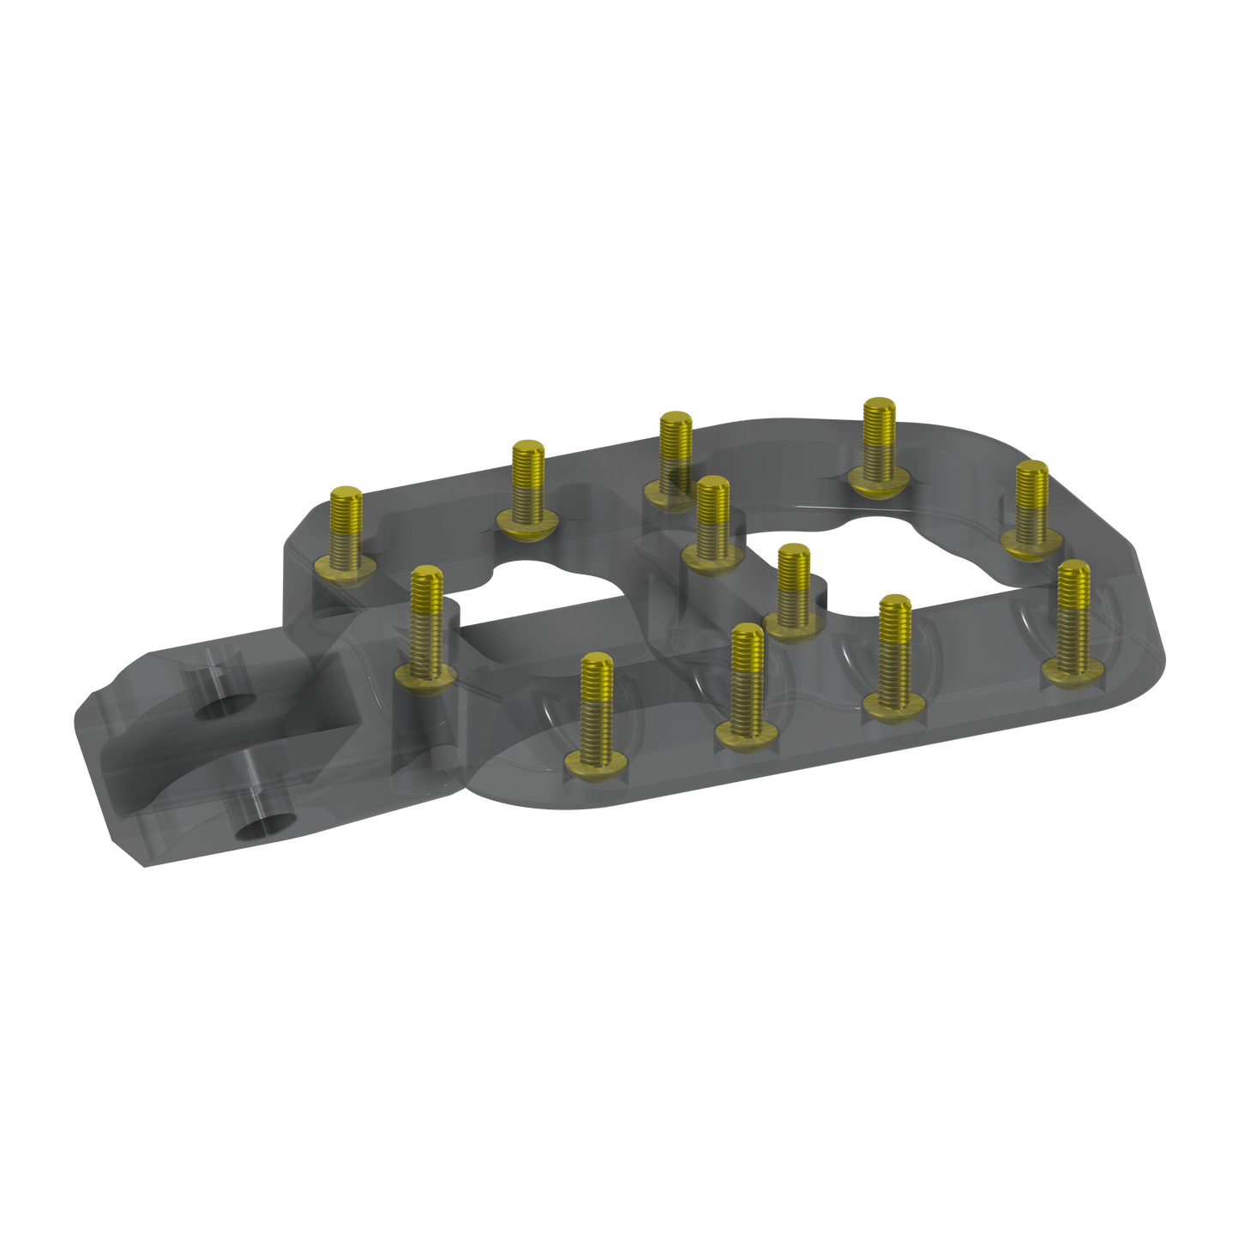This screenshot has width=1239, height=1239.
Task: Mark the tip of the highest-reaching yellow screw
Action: pyautogui.click(x=878, y=406)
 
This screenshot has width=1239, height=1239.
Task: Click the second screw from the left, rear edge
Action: pyautogui.click(x=527, y=489)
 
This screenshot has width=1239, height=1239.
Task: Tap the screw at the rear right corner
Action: pyautogui.click(x=1031, y=506)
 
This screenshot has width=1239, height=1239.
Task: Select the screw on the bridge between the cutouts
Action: pyautogui.click(x=713, y=523)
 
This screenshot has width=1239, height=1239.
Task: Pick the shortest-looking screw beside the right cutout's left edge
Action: pyautogui.click(x=793, y=592)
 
